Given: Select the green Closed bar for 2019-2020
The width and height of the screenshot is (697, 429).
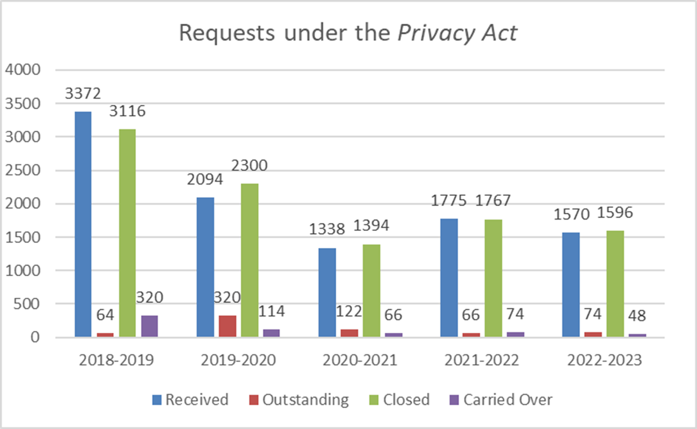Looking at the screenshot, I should pos(250,260).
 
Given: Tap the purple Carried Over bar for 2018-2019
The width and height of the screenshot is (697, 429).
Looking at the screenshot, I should pos(149,327).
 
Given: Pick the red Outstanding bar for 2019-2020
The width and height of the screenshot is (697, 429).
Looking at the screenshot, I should pos(227,327).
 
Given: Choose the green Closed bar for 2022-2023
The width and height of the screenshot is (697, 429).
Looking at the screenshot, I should pos(615,284).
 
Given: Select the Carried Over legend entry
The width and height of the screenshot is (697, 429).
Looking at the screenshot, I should pos(507,400).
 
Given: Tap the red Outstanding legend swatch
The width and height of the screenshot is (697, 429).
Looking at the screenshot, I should pos(254,400).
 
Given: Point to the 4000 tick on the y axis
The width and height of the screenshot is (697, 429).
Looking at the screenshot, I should pos(23,70).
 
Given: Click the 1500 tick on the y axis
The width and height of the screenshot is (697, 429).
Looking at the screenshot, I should pos(23,238).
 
